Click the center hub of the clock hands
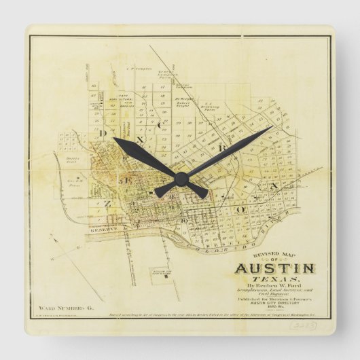point(181,178)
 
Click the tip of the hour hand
point(115,140)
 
